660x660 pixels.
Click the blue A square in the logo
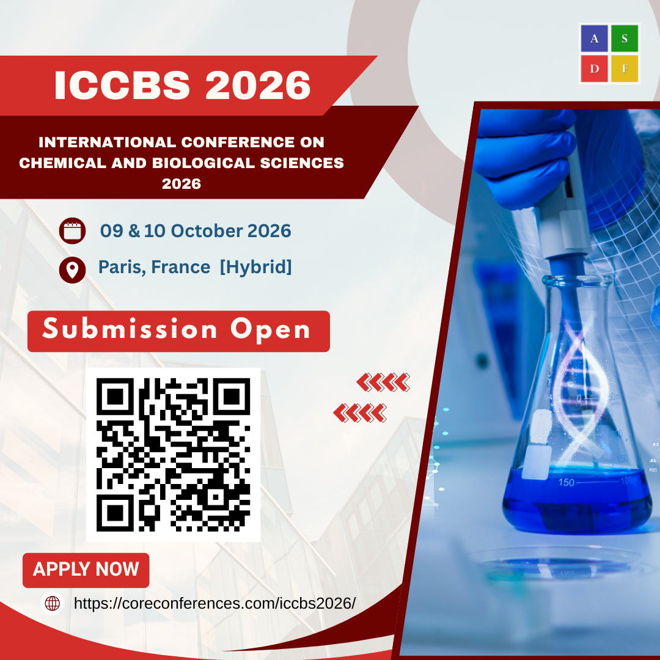(x=594, y=38)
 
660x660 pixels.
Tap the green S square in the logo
(x=625, y=38)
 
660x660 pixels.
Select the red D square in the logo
(x=594, y=68)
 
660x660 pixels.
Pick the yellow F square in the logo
(x=625, y=68)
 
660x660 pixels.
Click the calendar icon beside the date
(x=72, y=230)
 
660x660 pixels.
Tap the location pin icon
(x=72, y=270)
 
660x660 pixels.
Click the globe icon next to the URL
(x=53, y=603)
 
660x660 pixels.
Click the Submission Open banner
(x=178, y=331)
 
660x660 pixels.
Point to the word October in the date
(x=207, y=230)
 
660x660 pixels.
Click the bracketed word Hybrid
(x=256, y=267)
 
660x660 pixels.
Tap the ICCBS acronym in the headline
(x=122, y=85)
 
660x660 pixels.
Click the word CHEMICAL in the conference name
(x=62, y=163)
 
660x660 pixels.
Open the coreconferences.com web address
(x=215, y=603)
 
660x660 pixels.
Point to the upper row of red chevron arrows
(x=383, y=382)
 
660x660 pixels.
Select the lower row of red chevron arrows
(x=360, y=413)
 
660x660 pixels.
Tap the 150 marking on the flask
(x=566, y=482)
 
